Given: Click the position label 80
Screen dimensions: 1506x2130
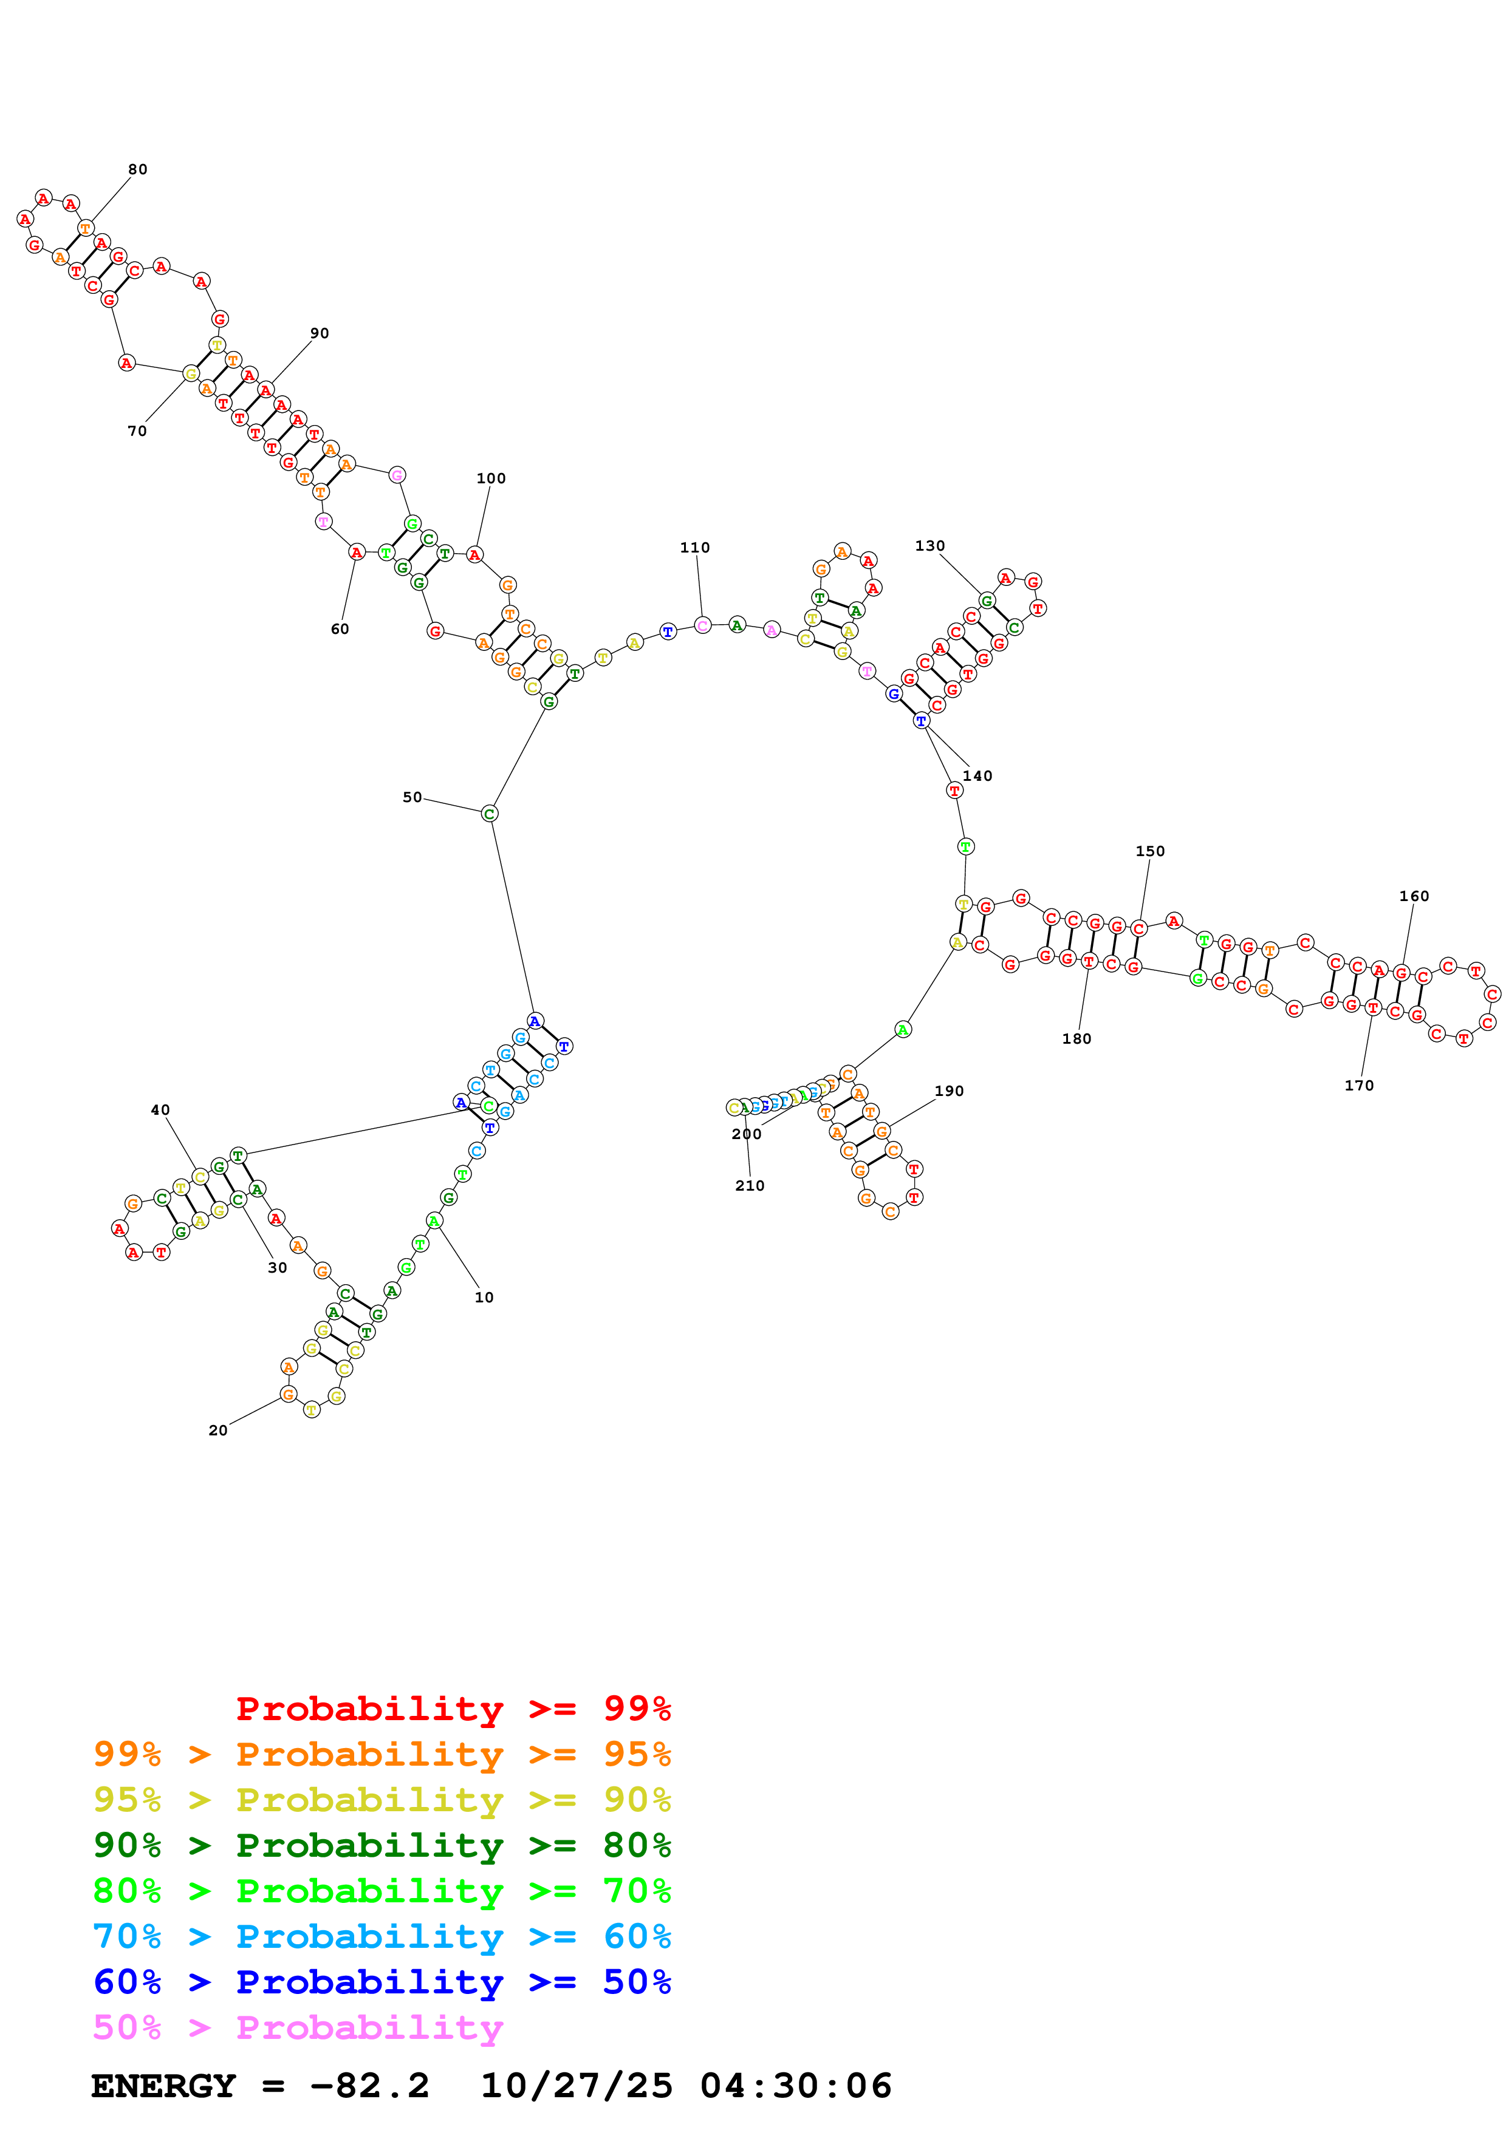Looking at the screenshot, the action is (137, 170).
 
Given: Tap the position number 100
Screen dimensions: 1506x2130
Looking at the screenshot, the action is (491, 478).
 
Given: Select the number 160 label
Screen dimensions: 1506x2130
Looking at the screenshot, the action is (1414, 896).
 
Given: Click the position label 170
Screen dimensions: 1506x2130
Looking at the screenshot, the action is (1360, 1086).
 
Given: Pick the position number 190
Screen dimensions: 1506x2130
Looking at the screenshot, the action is (950, 1091).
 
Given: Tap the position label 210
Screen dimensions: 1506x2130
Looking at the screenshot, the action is (750, 1186).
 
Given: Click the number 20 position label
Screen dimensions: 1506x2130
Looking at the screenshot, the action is (218, 1431).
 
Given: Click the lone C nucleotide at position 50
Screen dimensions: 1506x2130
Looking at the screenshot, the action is (490, 814).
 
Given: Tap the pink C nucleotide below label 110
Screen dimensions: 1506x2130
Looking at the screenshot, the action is (702, 625).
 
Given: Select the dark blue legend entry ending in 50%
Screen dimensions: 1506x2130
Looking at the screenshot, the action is (382, 1982).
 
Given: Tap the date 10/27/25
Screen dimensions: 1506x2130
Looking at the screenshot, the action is (577, 2086).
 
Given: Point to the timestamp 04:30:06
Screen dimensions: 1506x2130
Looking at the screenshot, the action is (796, 2086).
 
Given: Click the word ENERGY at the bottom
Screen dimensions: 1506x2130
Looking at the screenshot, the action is (163, 2086).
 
